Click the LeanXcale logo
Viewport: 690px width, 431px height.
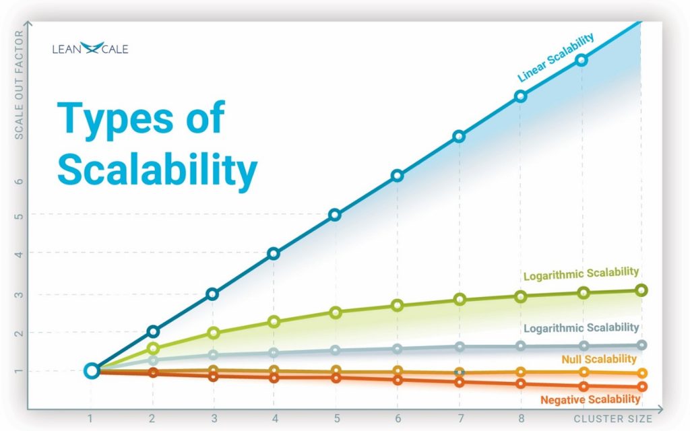90,48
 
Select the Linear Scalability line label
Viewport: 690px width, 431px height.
556,59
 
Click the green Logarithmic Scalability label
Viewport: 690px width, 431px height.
581,273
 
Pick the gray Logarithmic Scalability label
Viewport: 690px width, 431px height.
581,328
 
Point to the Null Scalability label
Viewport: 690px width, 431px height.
599,360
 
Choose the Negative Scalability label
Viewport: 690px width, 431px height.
590,399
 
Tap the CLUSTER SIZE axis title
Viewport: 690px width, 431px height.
613,418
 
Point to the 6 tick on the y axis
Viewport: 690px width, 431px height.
19,181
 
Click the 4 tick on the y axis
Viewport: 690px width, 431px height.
19,254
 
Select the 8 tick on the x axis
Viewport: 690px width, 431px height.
520,418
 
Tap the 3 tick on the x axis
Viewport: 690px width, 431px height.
213,418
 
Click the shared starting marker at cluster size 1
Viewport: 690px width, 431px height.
92,370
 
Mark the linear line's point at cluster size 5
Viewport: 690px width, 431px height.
335,215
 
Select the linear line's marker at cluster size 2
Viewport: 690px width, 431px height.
153,331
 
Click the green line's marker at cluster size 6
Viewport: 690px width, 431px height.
398,306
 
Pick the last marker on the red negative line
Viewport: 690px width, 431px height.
641,387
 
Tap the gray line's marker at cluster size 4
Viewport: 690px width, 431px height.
274,352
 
